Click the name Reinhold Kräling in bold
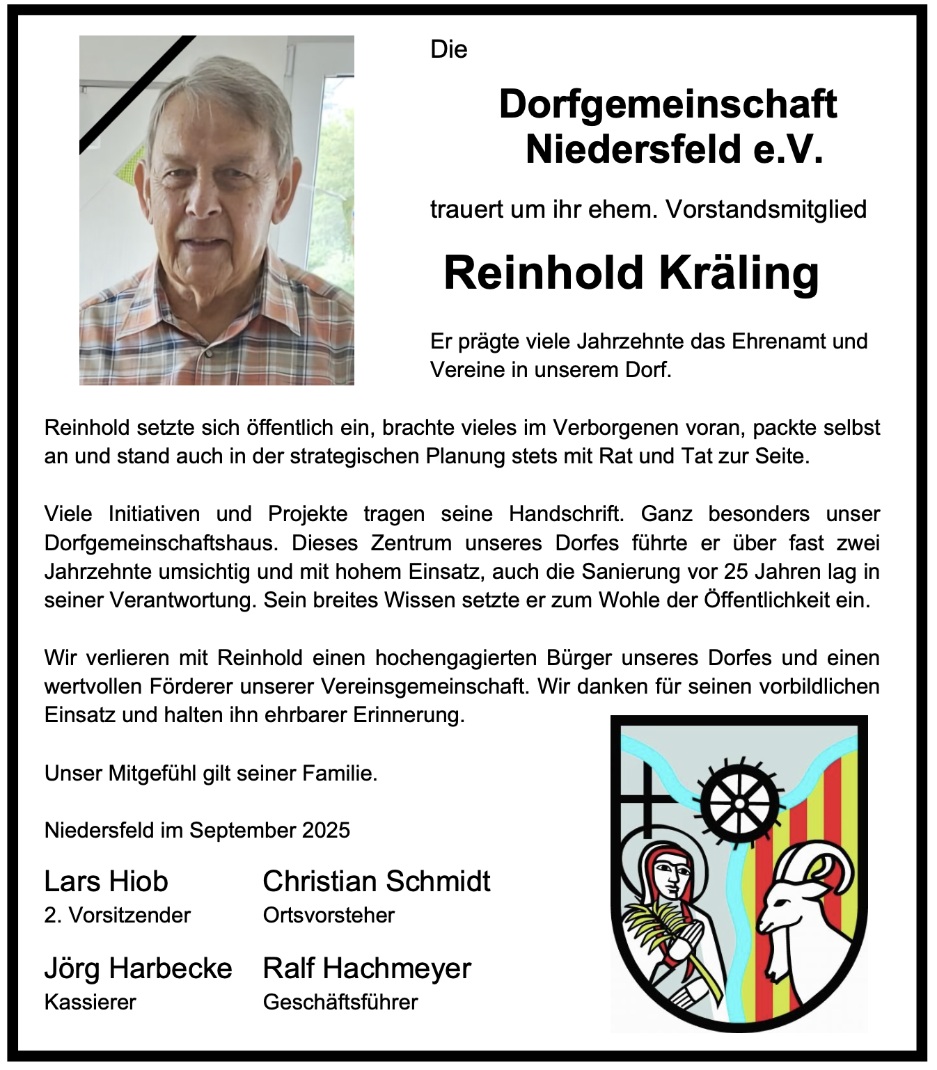631,273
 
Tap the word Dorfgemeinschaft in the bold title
668,104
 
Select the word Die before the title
449,49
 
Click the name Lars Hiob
106,881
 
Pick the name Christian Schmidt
377,881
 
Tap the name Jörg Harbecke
138,968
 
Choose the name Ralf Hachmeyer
367,968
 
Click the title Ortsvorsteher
329,915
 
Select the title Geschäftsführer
340,1002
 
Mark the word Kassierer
90,1002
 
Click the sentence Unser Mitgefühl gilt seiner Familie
211,773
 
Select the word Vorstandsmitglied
766,209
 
